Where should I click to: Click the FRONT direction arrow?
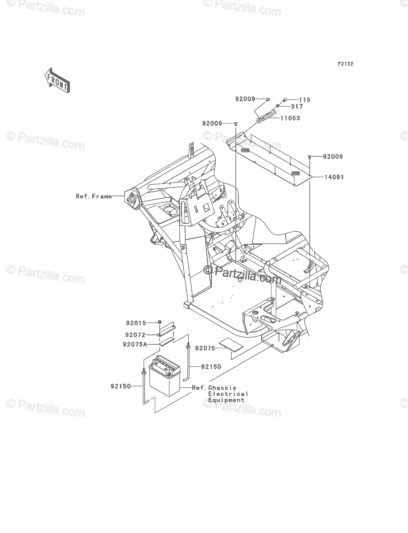click(57, 80)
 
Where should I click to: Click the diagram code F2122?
click(345, 64)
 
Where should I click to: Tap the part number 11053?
click(290, 118)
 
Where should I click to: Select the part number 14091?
click(334, 177)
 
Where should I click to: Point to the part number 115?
click(304, 100)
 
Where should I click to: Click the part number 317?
click(297, 106)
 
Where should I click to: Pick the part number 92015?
click(136, 323)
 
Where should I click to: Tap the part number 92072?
click(135, 335)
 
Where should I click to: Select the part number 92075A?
click(135, 345)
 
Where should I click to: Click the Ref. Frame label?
click(94, 196)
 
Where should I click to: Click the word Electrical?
click(228, 394)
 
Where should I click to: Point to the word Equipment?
click(226, 400)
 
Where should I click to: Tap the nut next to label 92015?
click(159, 322)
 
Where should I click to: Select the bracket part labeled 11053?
click(267, 116)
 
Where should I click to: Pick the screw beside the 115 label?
click(285, 100)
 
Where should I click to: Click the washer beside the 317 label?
click(278, 106)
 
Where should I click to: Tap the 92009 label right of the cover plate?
click(333, 157)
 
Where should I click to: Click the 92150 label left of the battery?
click(121, 386)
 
